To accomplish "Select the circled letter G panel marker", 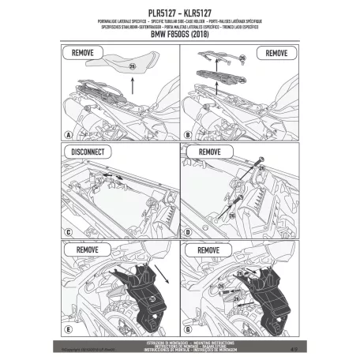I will [x=187, y=328].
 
